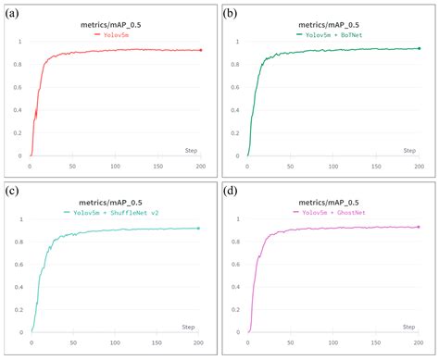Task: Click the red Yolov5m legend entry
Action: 115,32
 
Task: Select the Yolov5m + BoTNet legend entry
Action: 332,32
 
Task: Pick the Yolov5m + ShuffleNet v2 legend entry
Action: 115,211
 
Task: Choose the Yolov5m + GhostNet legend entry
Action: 332,211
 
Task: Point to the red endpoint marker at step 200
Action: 201,50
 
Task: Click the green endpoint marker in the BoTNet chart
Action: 419,48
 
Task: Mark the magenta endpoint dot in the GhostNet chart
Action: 419,227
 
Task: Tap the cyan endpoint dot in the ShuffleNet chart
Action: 198,228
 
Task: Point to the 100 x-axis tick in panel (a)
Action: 115,167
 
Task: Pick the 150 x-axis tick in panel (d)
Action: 375,344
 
